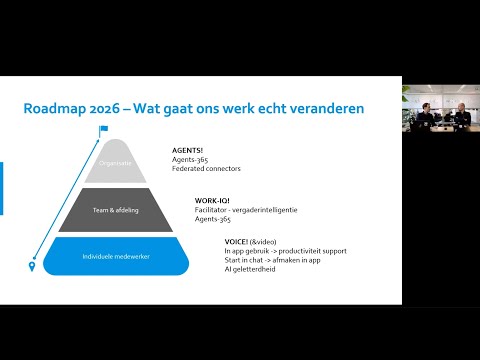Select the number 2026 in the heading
[x=123, y=107]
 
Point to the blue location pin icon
[x=33, y=266]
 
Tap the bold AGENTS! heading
[x=188, y=150]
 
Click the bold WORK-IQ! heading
[x=214, y=200]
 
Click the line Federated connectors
[x=206, y=168]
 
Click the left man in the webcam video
[x=425, y=117]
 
